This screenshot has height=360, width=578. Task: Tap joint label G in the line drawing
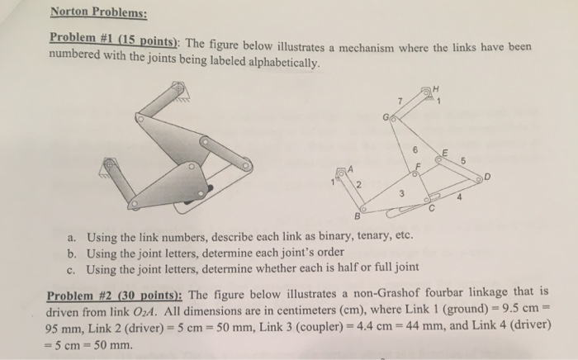pos(385,120)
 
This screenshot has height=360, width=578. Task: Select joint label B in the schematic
pos(358,218)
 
